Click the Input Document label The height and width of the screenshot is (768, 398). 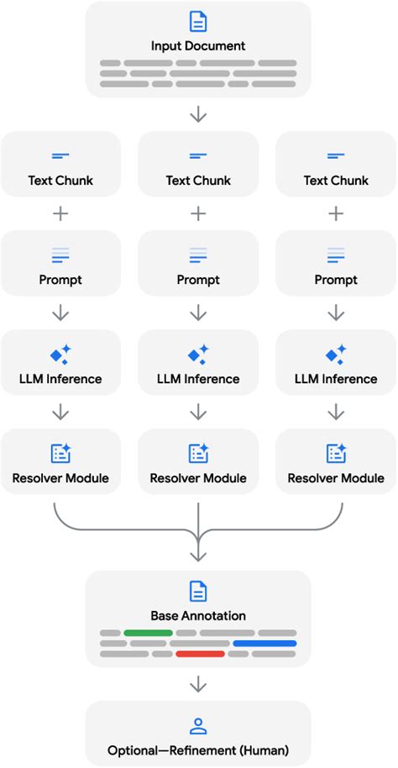point(198,45)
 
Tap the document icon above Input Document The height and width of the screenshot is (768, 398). point(198,22)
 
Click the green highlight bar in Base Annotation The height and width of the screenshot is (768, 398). point(148,632)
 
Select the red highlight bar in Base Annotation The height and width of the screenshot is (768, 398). point(200,653)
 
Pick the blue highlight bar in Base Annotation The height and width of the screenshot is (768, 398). point(264,643)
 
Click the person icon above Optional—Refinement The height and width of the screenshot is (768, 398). point(198,726)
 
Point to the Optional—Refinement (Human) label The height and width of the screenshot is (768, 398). point(198,750)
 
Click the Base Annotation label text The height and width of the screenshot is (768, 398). point(198,615)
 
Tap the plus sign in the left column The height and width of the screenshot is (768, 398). point(60,214)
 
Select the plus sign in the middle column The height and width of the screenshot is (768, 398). point(198,214)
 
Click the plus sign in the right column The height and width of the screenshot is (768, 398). point(336,214)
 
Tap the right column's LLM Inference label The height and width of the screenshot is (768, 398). point(336,379)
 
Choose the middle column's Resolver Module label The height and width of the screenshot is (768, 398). point(198,478)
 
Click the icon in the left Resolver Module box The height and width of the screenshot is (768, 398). point(60,454)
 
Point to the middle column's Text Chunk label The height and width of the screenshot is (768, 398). point(198,180)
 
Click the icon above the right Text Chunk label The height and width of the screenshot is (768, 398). point(336,156)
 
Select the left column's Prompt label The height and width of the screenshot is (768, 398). point(60,280)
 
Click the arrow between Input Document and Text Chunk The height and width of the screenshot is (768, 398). point(198,114)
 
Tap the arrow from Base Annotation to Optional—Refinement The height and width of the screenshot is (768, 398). point(198,685)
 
